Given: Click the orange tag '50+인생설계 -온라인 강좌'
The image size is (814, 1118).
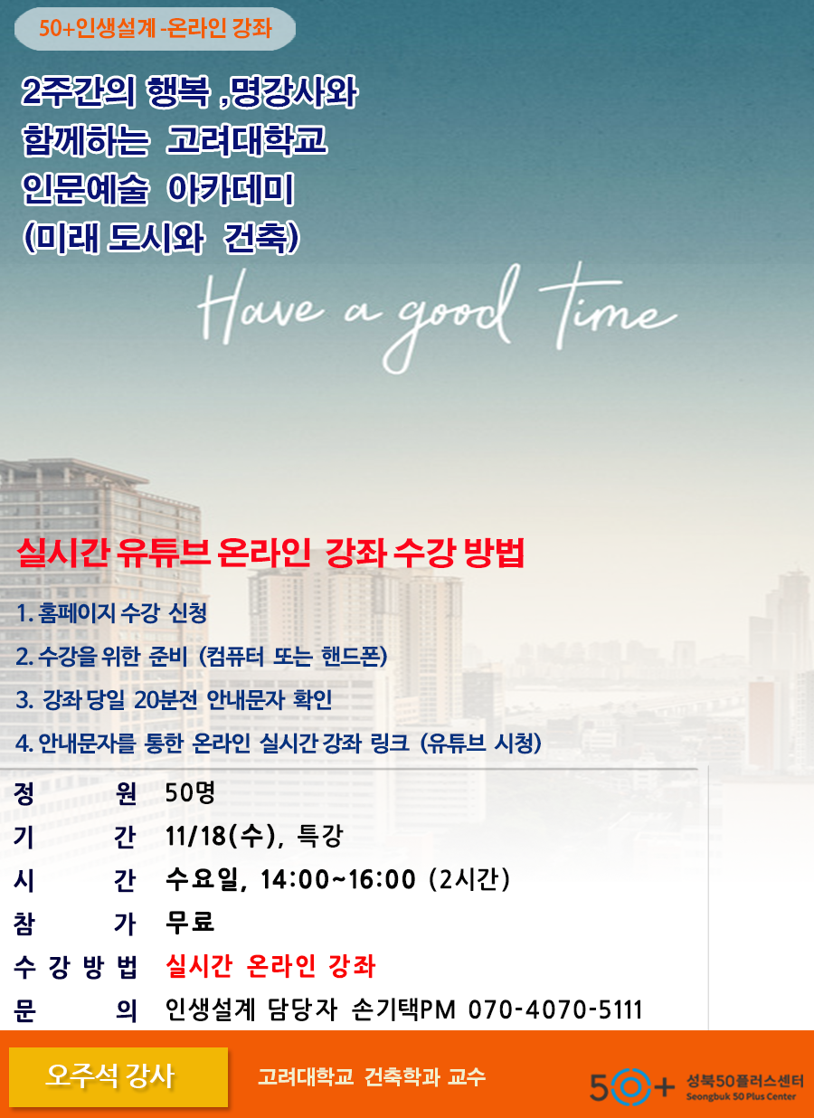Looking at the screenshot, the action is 155,28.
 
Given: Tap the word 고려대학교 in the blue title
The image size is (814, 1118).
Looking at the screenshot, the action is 247,139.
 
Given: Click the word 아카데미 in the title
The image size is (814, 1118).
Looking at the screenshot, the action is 230,189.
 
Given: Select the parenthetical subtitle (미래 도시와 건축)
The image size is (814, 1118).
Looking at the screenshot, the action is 161,238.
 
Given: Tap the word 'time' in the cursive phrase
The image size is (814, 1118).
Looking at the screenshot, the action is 608,306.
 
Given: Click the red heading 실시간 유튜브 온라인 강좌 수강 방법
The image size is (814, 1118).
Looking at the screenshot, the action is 270,553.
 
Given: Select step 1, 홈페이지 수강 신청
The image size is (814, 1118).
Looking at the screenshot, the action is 112,612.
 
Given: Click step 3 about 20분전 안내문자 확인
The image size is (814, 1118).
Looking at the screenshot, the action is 174,699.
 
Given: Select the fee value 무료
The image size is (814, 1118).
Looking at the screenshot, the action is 190,923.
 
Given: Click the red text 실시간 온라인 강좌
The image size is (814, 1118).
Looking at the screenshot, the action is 270,966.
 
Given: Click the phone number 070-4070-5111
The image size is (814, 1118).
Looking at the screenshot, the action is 555,1009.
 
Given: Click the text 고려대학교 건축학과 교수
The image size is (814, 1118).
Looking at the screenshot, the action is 372,1076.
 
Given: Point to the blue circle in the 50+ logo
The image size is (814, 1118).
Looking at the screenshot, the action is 630,1086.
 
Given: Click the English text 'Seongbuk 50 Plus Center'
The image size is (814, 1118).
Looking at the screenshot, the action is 741,1096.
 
